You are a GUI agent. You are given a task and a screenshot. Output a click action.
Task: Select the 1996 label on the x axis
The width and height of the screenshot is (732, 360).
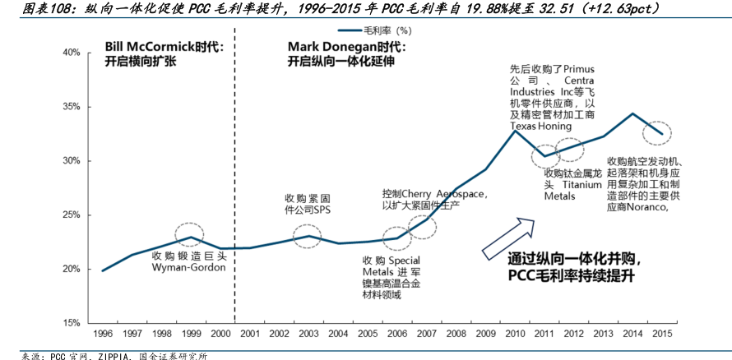pos(102,335)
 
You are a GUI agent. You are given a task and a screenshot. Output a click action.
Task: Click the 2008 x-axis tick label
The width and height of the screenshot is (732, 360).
pos(456,335)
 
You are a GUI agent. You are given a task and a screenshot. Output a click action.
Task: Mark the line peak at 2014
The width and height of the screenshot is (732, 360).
pos(632,113)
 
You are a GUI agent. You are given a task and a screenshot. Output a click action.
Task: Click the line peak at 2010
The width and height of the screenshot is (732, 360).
pos(515,132)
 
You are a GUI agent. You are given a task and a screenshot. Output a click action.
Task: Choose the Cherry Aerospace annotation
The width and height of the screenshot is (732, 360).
pos(436,198)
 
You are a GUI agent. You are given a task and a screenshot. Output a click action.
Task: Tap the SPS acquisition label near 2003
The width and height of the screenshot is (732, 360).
pos(308,204)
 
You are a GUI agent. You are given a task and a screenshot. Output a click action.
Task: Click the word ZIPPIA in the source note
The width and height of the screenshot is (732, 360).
pos(100,355)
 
